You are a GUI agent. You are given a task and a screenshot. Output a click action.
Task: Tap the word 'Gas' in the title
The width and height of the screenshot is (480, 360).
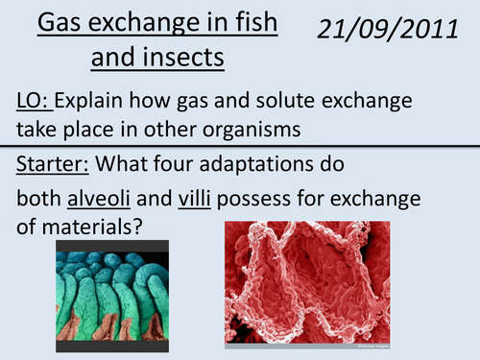click(56, 22)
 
